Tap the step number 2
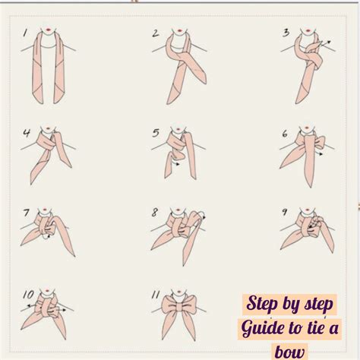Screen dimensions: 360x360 click(155, 33)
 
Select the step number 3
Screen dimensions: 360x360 click(286, 33)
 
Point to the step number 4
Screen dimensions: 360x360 click(26, 134)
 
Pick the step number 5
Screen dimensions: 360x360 click(156, 134)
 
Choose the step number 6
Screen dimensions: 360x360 click(285, 134)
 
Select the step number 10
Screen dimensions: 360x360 click(27, 292)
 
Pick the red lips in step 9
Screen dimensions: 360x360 click(309, 208)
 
